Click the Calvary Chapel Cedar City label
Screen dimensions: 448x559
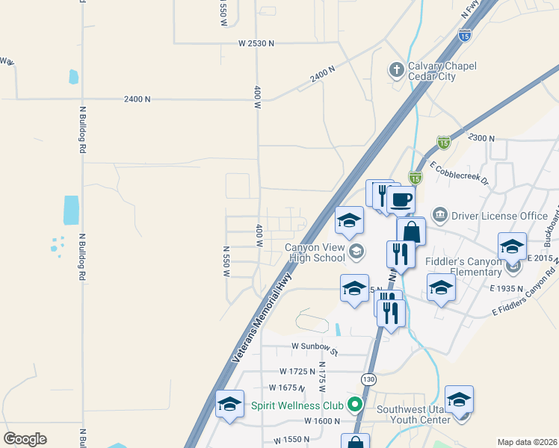point(442,72)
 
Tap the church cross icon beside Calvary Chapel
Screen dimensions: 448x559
point(396,72)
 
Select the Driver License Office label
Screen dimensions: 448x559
point(502,216)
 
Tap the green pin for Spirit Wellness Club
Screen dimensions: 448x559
point(355,405)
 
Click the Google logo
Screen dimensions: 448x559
point(25,439)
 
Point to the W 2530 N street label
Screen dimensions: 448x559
point(256,44)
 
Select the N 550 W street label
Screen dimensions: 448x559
point(225,261)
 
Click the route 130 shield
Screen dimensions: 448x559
point(368,379)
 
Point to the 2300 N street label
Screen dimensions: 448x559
point(482,138)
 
